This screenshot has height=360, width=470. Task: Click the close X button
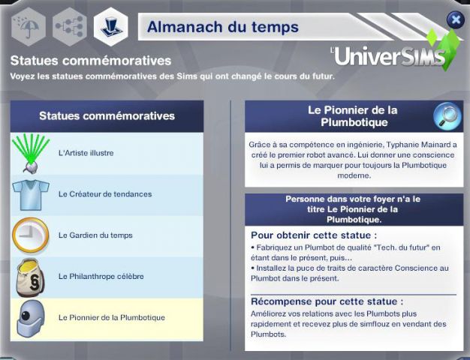click(456, 19)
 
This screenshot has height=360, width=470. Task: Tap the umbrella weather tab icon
click(29, 27)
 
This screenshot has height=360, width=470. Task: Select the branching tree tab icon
click(70, 27)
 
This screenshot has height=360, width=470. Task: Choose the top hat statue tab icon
click(111, 27)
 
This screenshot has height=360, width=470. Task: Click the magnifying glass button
click(447, 116)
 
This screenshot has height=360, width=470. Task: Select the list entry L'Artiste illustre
click(86, 153)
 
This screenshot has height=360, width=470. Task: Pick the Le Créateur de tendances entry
click(105, 194)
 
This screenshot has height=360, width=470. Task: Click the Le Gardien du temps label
click(95, 235)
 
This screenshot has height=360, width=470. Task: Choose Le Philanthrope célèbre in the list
click(101, 276)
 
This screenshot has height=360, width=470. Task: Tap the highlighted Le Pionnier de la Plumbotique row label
click(112, 317)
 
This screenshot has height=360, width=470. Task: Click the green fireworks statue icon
click(32, 154)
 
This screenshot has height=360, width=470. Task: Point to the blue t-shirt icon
click(31, 195)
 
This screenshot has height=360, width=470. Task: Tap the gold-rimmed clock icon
click(31, 235)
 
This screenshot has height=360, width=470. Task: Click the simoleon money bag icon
click(30, 277)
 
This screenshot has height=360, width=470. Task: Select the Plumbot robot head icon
click(31, 318)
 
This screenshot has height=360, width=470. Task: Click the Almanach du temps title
click(223, 27)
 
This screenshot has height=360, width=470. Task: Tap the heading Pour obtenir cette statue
click(314, 235)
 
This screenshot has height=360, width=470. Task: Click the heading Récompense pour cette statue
click(327, 301)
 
